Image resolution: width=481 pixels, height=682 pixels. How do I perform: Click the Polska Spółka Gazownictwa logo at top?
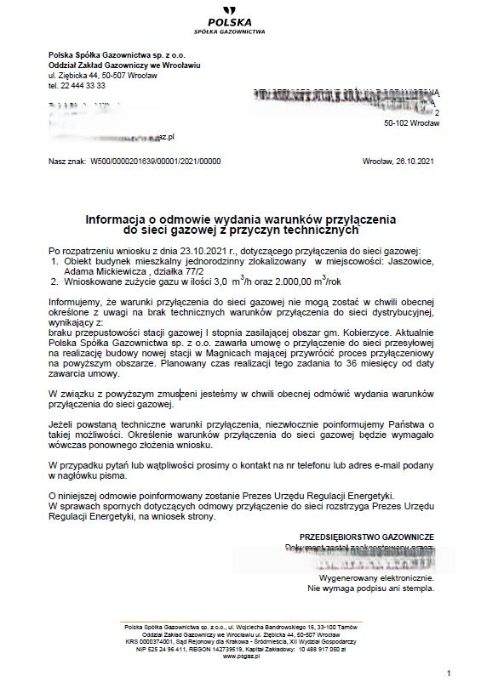[242, 20]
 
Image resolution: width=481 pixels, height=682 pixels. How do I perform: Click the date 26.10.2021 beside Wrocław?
[416, 160]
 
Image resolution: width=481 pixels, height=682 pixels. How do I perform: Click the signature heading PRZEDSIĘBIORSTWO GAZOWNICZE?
[367, 537]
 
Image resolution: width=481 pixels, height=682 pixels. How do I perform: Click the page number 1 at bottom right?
[447, 673]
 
